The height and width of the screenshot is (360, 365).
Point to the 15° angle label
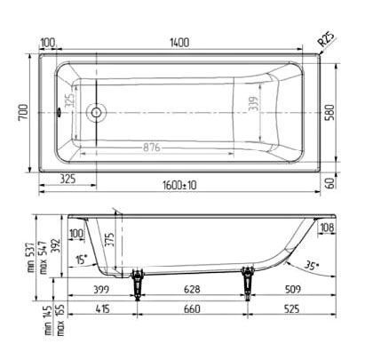[x=82, y=260]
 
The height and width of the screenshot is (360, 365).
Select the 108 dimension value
[x=327, y=229]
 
